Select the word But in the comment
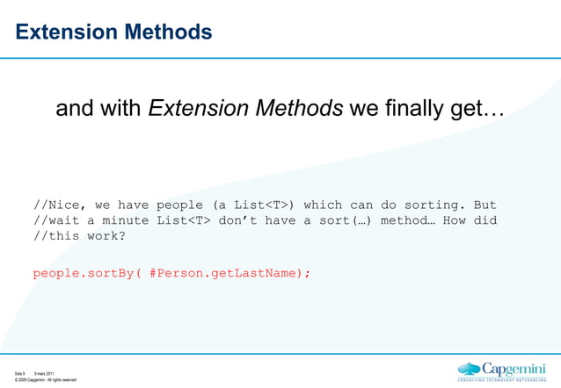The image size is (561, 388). [x=484, y=205]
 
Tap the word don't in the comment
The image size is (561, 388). [x=258, y=220]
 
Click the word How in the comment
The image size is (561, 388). [x=455, y=220]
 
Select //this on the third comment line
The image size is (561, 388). [x=55, y=236]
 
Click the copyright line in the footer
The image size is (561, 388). [x=45, y=380]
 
